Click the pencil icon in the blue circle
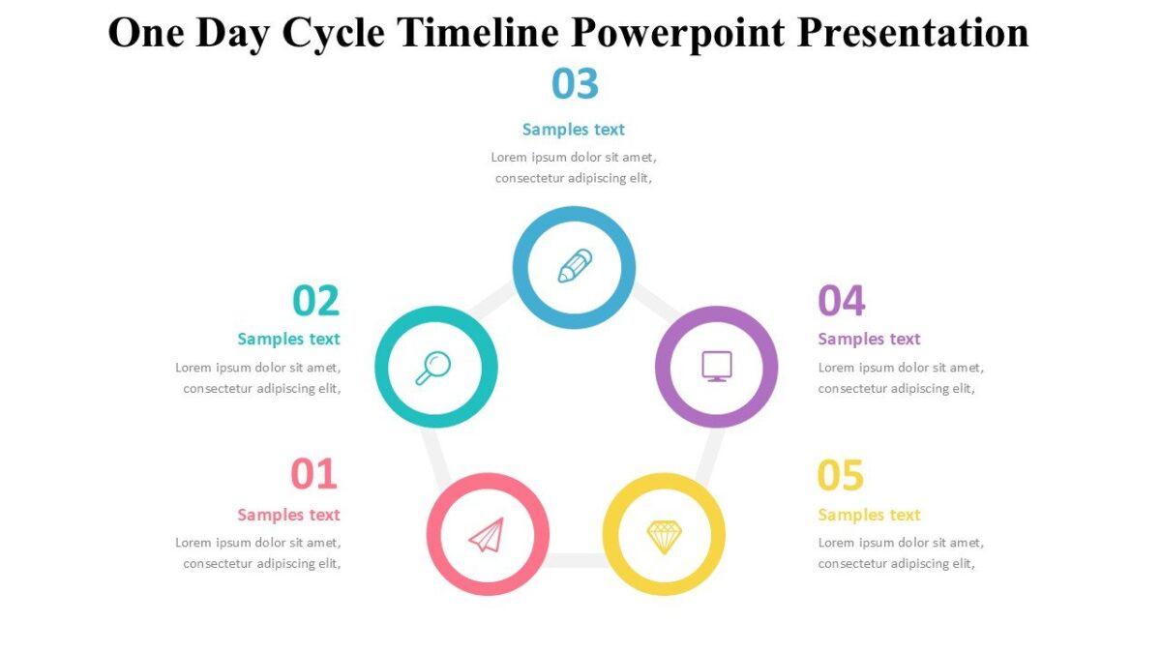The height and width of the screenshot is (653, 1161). pyautogui.click(x=575, y=266)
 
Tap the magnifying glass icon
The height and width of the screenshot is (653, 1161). pyautogui.click(x=433, y=368)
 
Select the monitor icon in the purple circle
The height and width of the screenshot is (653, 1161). pyautogui.click(x=716, y=367)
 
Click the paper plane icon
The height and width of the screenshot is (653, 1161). pyautogui.click(x=487, y=535)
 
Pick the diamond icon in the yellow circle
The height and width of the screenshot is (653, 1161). pyautogui.click(x=664, y=536)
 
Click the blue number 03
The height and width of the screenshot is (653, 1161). pyautogui.click(x=575, y=84)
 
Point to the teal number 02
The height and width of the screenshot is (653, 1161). pyautogui.click(x=315, y=301)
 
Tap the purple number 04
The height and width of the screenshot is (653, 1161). pyautogui.click(x=841, y=301)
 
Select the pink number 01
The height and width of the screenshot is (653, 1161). pyautogui.click(x=314, y=475)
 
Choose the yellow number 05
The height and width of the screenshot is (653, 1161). pyautogui.click(x=840, y=475)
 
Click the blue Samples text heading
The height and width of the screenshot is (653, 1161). pyautogui.click(x=574, y=130)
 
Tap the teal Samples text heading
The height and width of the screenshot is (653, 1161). pyautogui.click(x=288, y=339)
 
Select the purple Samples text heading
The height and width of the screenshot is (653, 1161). pyautogui.click(x=869, y=339)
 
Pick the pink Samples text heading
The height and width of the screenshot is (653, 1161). pyautogui.click(x=288, y=515)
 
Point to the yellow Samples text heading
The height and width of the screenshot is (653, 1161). pyautogui.click(x=869, y=515)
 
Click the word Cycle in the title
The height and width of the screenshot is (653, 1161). pyautogui.click(x=335, y=33)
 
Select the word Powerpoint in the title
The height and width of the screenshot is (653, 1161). pyautogui.click(x=677, y=33)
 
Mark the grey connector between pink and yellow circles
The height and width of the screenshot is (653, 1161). pyautogui.click(x=576, y=560)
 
